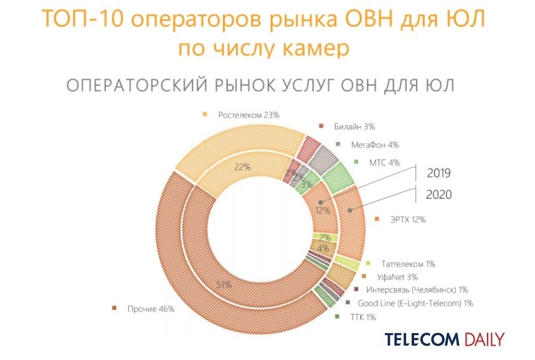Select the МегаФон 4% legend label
click(x=374, y=144)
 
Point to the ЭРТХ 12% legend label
click(x=409, y=219)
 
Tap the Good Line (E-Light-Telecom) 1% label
click(x=416, y=303)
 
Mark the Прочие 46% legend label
click(x=151, y=308)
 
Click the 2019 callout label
click(x=438, y=173)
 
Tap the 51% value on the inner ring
click(x=224, y=285)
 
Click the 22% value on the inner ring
click(x=242, y=167)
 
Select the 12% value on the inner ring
click(x=322, y=211)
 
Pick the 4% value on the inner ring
click(x=324, y=249)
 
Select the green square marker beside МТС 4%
click(x=356, y=163)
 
